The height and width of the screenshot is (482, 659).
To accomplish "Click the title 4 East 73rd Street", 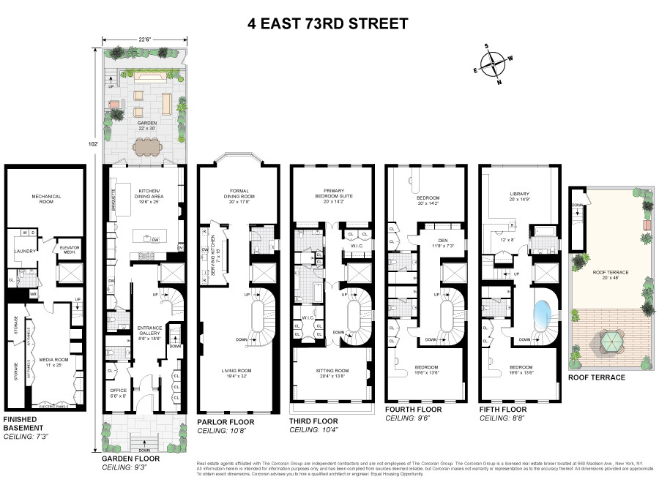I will coord(329,24).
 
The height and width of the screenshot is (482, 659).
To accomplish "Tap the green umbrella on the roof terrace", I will coord(608,342).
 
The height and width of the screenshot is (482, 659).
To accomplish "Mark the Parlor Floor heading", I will coord(226,422).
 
